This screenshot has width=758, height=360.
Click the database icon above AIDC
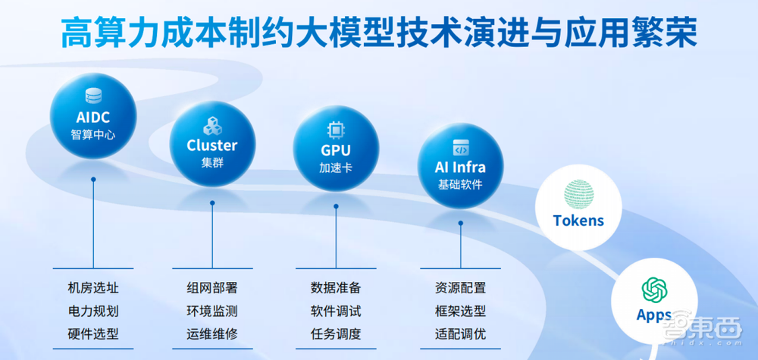point(93,96)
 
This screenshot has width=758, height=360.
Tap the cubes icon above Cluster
point(211,125)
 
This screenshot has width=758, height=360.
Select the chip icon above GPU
point(335,130)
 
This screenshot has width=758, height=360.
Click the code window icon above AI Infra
point(460,147)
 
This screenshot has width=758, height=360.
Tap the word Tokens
point(579,221)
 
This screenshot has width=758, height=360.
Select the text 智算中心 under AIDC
point(93,136)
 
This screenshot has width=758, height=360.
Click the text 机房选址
point(93,288)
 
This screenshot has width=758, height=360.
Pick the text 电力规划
point(93,311)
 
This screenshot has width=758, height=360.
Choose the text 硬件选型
point(93,333)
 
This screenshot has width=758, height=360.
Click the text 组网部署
point(212,288)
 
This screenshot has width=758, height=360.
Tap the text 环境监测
point(212,311)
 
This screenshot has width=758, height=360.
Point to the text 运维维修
point(212,333)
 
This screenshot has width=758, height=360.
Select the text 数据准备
point(336,288)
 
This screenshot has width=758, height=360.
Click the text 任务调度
point(336,333)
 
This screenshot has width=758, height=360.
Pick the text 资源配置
point(460,288)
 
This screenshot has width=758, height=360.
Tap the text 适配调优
point(460,333)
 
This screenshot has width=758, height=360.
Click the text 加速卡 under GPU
point(335,167)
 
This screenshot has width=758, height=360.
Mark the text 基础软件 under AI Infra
point(460,184)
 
